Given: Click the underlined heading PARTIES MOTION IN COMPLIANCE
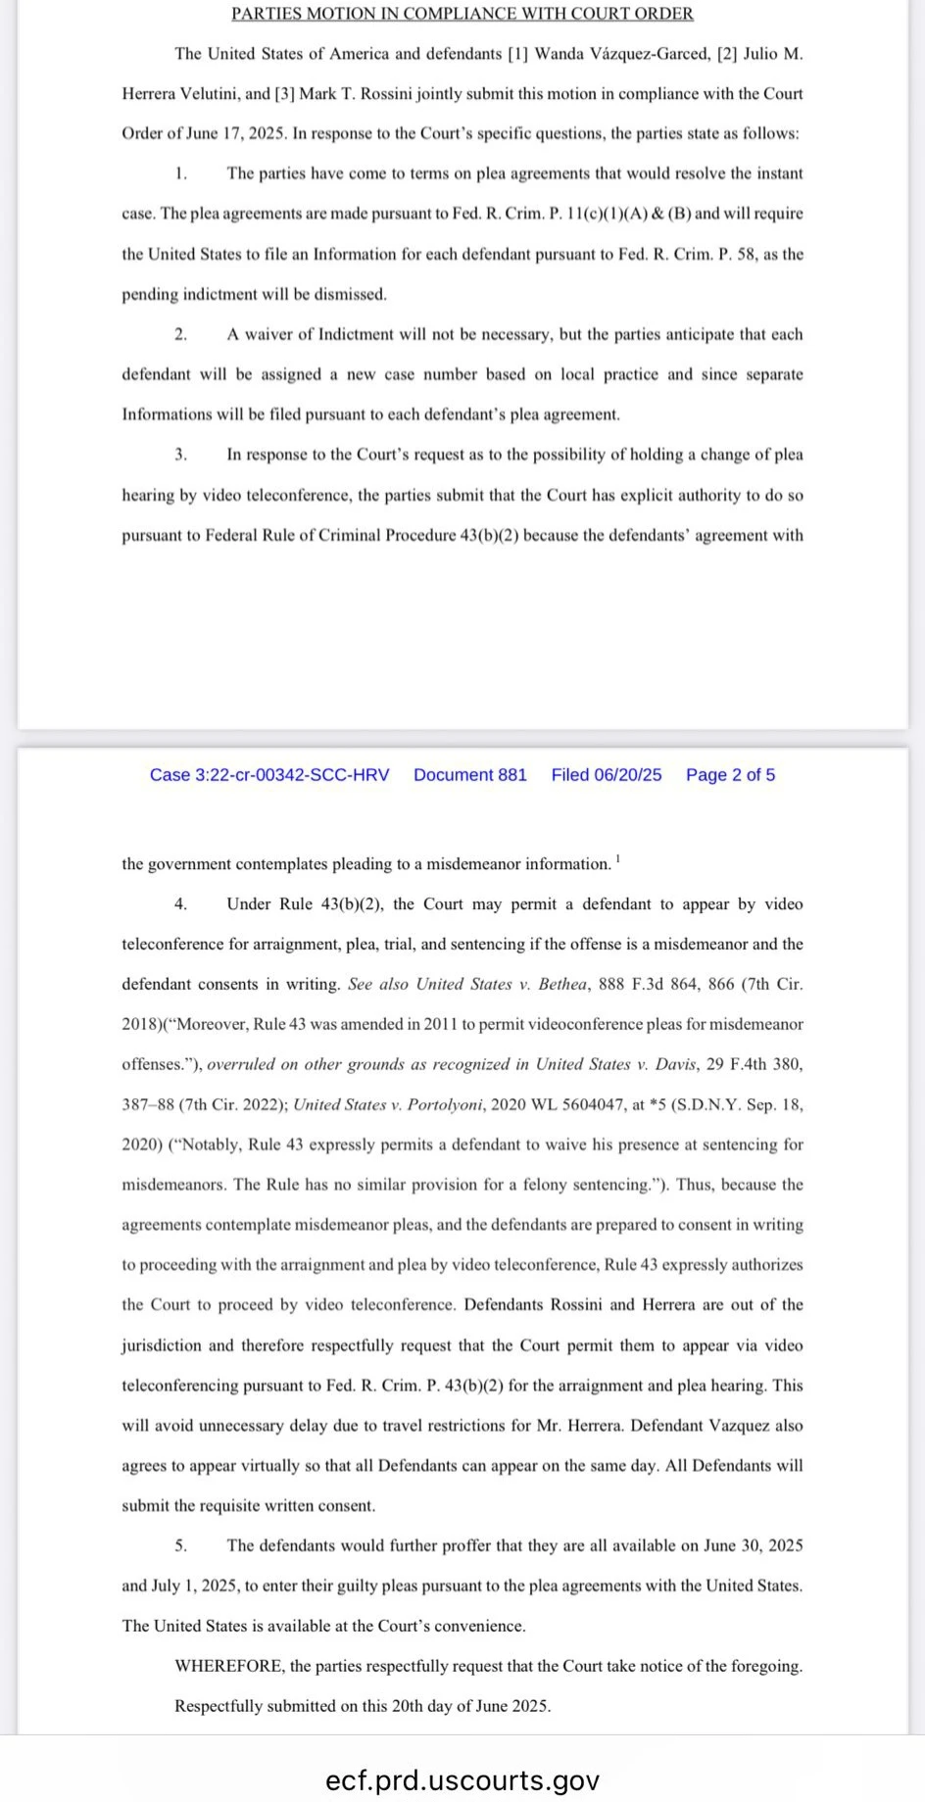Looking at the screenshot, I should pyautogui.click(x=462, y=14).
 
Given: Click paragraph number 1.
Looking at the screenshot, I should pyautogui.click(x=180, y=173).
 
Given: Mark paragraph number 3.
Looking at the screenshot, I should pyautogui.click(x=180, y=455).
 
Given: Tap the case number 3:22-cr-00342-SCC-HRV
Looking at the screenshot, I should pyautogui.click(x=269, y=775).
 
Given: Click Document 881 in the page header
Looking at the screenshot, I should pyautogui.click(x=470, y=775).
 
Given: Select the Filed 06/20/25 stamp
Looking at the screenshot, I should pyautogui.click(x=607, y=775).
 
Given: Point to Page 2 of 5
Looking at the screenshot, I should pyautogui.click(x=730, y=775).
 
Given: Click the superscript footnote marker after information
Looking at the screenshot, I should pyautogui.click(x=617, y=858).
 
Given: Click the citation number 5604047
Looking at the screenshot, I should pyautogui.click(x=593, y=1104).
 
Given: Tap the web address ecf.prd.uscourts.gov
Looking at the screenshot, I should pyautogui.click(x=462, y=1779).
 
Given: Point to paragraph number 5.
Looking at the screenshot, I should pyautogui.click(x=180, y=1545).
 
